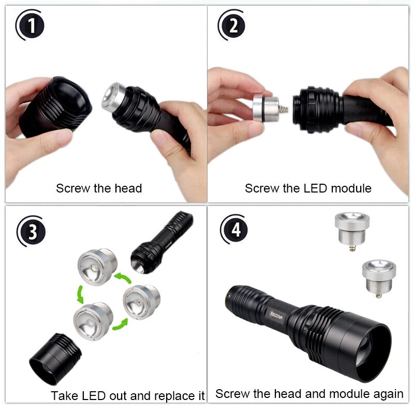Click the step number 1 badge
[x=33, y=26]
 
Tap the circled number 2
[x=233, y=26]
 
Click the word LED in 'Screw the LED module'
[x=315, y=188]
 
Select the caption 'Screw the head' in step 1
[x=99, y=188]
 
